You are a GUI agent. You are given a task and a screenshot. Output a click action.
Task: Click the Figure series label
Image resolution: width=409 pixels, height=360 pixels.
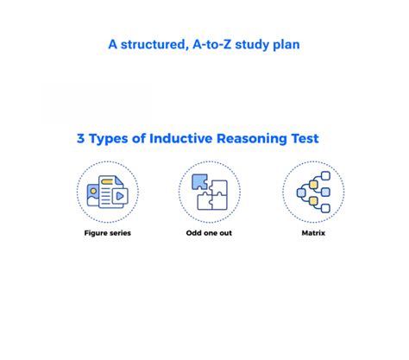[x=107, y=233]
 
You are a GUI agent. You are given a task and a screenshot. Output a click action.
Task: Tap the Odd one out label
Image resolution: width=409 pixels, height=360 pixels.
[x=209, y=233]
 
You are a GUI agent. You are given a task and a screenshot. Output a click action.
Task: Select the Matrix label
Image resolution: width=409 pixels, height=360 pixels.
[x=312, y=233]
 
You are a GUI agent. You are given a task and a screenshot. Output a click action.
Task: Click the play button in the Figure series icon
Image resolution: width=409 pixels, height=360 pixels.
[x=120, y=196]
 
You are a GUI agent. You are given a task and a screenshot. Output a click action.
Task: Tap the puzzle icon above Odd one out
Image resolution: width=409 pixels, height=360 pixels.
[x=210, y=192]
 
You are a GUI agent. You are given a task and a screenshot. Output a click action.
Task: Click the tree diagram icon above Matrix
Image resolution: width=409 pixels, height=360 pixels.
[x=312, y=192]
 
